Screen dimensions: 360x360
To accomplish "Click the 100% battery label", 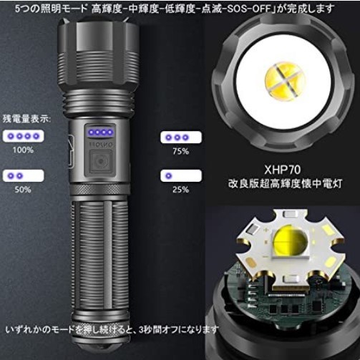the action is [23, 150].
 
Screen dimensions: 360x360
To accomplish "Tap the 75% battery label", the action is [180, 151].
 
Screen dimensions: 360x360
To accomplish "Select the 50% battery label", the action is [23, 190].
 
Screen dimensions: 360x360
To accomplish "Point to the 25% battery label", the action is [180, 190].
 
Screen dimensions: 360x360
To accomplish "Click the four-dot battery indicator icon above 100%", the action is [23, 136].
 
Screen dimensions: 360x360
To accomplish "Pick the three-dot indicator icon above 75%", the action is [181, 137].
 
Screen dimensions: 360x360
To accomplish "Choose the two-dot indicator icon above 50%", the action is [23, 176].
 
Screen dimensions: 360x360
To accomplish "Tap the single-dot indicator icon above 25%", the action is [181, 176].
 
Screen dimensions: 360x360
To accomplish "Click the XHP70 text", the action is [282, 170].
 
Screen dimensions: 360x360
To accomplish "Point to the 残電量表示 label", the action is [26, 119].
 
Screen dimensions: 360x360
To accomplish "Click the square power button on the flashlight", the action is [100, 162].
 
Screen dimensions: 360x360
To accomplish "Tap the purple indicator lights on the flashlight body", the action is [100, 132].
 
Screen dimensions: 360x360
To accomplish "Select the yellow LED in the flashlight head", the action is [285, 80].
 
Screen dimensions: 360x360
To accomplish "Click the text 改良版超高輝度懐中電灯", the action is [285, 184].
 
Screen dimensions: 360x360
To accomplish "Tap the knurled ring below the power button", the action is [100, 189].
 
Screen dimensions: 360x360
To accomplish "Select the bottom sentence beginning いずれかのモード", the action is [112, 330].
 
